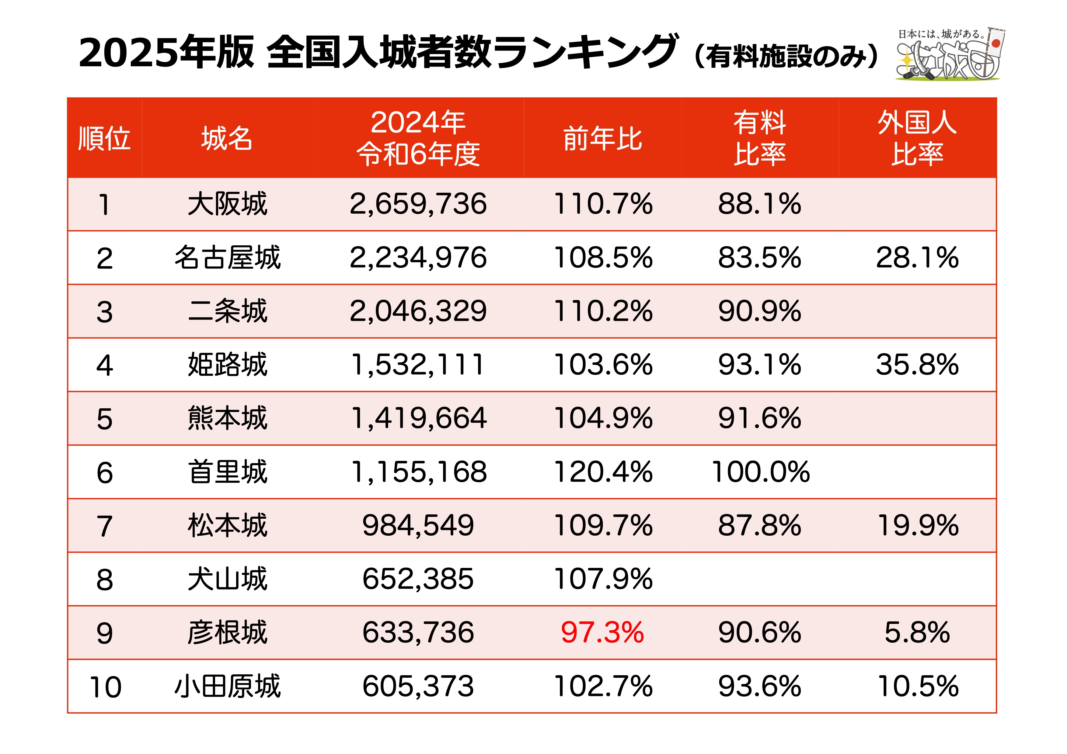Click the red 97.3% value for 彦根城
pyautogui.click(x=602, y=632)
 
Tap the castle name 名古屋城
pyautogui.click(x=227, y=258)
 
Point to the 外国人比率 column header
pyautogui.click(x=917, y=138)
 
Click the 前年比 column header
pyautogui.click(x=602, y=138)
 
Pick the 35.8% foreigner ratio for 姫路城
pyautogui.click(x=917, y=365)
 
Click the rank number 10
pyautogui.click(x=105, y=687)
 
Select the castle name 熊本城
pyautogui.click(x=227, y=418)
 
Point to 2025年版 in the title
pyautogui.click(x=166, y=52)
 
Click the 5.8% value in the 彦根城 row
pyautogui.click(x=917, y=632)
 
